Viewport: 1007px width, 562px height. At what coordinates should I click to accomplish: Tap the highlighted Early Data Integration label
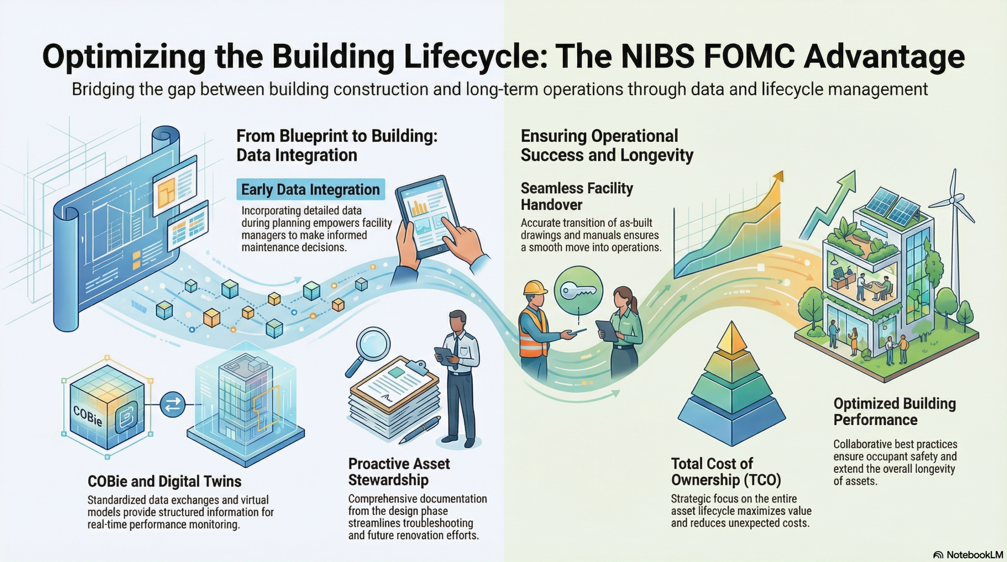310,190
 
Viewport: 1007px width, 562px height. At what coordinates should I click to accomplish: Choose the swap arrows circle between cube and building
173,404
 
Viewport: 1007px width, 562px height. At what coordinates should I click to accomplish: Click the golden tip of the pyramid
731,336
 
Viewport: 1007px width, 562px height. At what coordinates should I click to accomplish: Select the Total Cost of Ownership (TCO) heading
726,472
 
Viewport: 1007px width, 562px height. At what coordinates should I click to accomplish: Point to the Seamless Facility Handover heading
577,196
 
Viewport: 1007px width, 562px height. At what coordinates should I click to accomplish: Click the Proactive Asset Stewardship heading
399,472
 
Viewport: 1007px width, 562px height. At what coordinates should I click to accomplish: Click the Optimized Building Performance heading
894,411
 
